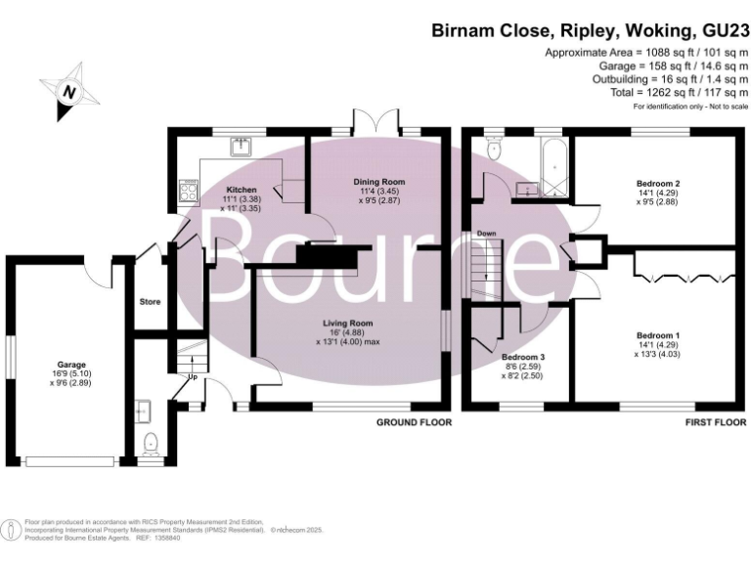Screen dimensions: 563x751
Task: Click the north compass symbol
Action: [x=68, y=90]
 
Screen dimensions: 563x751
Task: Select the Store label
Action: [x=150, y=301]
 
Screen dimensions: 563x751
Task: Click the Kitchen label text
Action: [x=242, y=190]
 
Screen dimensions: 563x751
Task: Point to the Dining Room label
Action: [x=378, y=182]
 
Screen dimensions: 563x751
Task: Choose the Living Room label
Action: [x=349, y=323]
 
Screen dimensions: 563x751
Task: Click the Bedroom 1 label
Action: [x=658, y=336]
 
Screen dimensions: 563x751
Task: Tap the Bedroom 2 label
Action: [x=658, y=183]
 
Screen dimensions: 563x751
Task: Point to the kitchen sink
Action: [x=241, y=148]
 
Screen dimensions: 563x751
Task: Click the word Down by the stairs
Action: [x=486, y=235]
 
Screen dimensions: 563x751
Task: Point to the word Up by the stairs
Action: [x=192, y=376]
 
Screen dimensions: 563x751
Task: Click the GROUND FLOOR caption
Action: [x=415, y=423]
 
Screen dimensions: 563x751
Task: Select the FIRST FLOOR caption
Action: [x=711, y=423]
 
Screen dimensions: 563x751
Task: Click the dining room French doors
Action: [x=375, y=125]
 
